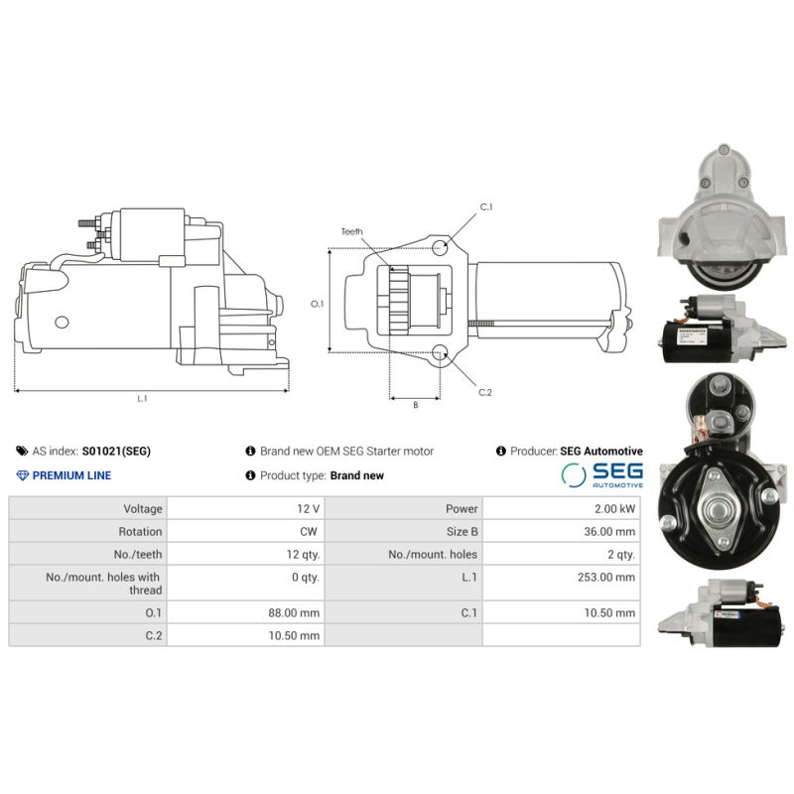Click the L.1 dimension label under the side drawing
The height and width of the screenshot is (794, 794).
tap(142, 399)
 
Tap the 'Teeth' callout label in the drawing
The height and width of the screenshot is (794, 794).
tap(352, 231)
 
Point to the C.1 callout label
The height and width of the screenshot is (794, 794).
tap(486, 206)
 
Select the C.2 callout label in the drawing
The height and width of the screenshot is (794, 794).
tap(485, 392)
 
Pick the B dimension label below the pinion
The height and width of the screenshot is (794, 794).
tap(415, 405)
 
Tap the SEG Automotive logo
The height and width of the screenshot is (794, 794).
tap(601, 474)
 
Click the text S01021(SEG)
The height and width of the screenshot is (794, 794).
tap(116, 451)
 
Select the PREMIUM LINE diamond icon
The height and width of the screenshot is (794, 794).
tap(23, 475)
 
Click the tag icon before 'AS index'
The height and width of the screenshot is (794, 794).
tap(23, 451)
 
